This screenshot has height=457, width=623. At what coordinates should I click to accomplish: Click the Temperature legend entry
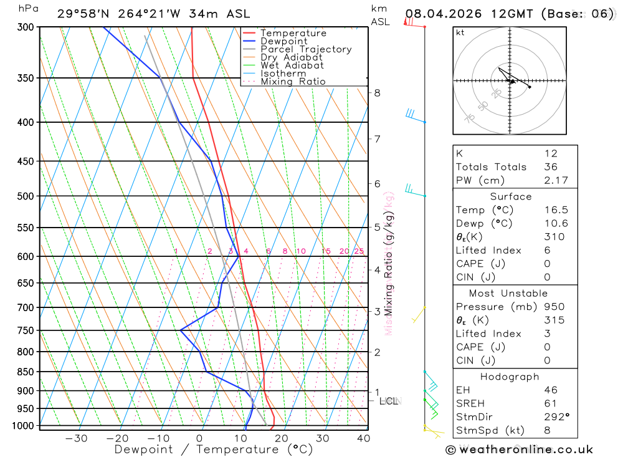293,33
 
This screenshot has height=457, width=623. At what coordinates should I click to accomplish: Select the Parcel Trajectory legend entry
306,49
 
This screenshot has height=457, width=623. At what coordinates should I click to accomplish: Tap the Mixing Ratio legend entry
293,82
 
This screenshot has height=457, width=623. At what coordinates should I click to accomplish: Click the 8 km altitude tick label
377,93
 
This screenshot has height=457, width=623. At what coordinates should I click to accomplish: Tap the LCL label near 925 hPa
389,401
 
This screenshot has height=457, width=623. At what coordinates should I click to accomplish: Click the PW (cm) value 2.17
551,180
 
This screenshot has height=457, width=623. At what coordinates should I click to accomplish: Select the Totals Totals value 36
551,166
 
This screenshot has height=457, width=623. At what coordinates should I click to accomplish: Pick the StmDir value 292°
554,417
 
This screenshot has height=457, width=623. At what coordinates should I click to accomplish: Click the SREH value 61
550,403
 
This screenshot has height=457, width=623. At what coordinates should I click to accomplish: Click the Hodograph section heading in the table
510,377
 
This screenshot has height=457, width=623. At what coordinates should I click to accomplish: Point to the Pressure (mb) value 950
554,307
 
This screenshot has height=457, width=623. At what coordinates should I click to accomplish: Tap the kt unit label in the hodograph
460,33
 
